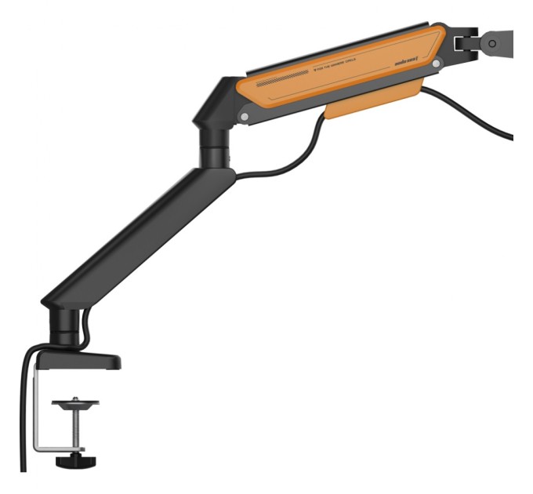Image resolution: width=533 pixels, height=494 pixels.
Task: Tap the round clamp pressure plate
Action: click(75, 404)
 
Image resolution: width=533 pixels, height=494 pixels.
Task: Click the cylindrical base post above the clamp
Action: click(64, 325)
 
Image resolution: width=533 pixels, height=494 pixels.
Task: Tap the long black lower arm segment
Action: click(141, 235)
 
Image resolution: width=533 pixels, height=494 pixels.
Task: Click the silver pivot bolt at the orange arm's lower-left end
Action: click(247, 117)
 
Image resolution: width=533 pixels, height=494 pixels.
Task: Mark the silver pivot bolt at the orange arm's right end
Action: click(436, 60)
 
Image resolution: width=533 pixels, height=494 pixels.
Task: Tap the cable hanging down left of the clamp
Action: click(23, 416)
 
